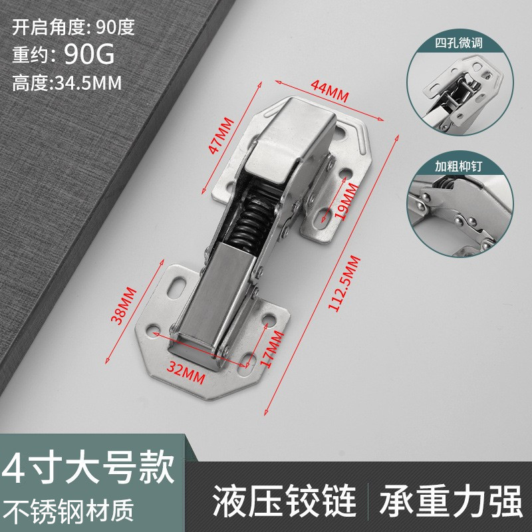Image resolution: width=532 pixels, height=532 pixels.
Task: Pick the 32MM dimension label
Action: (x=186, y=368)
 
